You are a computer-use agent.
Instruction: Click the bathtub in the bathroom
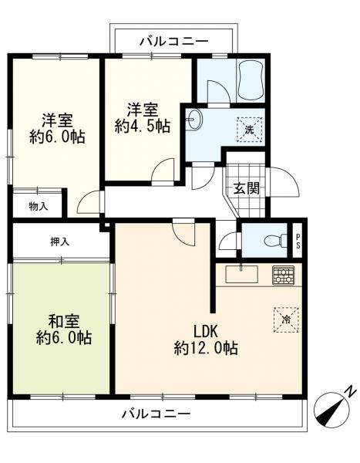pos(251,79)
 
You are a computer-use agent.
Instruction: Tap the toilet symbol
pos(277,241)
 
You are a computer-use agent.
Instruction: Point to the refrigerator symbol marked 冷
pos(286,319)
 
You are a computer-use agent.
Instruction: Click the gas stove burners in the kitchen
pos(283,275)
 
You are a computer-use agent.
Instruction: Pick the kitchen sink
pos(242,274)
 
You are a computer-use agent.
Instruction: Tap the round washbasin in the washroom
pos(193,120)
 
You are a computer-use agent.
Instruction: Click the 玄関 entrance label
pos(247,188)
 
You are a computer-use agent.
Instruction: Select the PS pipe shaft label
pos(298,241)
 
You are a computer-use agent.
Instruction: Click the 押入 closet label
pos(60,242)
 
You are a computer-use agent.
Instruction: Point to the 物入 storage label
pos(39,206)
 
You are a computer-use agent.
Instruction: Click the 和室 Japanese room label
pos(64,322)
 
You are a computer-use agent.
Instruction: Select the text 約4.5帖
pos(143,127)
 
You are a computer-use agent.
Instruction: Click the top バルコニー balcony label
pos(173,42)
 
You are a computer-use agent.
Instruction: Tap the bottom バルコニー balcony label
pos(156,414)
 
